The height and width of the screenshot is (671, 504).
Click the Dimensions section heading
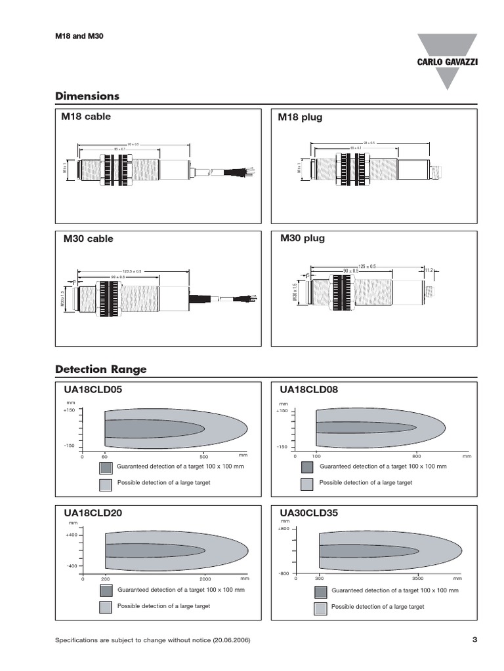(x=87, y=96)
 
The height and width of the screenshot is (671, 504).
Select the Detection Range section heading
(x=100, y=370)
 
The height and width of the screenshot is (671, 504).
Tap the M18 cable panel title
(x=87, y=117)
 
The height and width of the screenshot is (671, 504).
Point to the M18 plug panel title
(x=301, y=117)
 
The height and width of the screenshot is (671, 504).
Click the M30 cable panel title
(x=88, y=239)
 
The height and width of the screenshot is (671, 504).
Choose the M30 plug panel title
(x=302, y=238)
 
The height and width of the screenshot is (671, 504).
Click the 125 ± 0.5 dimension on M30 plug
(x=367, y=266)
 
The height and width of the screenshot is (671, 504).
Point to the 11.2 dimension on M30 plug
(x=430, y=269)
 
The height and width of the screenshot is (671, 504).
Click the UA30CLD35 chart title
(x=308, y=514)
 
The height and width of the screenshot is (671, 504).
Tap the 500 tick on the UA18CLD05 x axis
(x=204, y=456)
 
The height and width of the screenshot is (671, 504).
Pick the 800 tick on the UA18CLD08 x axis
(x=416, y=456)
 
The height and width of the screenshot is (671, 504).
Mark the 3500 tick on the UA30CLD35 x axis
(x=419, y=579)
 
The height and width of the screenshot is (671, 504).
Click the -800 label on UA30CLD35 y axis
(x=283, y=573)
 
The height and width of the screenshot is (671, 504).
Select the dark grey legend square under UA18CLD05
(x=106, y=467)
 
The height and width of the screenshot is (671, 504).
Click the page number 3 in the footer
(x=474, y=640)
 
